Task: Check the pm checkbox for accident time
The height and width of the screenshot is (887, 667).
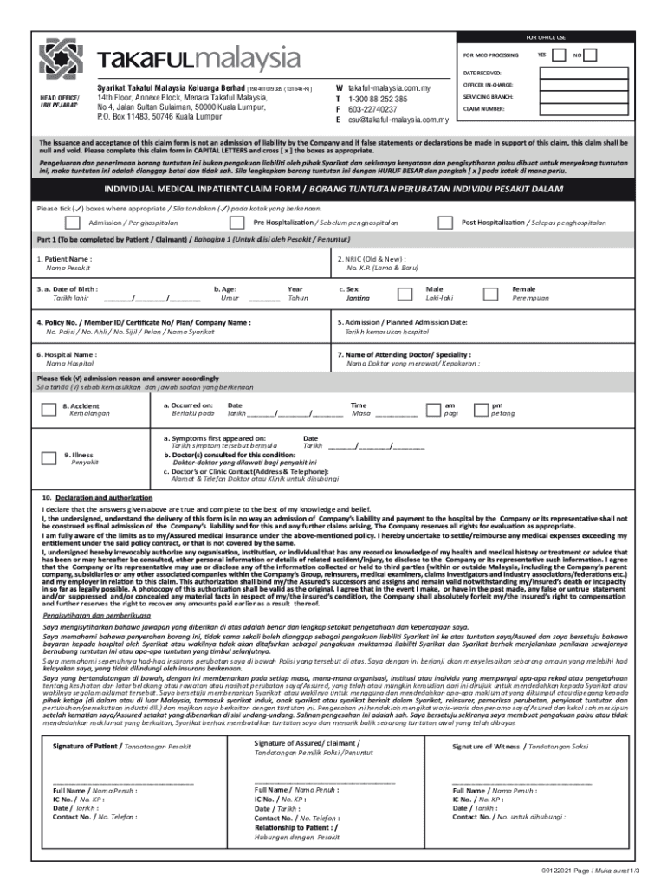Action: tap(479, 409)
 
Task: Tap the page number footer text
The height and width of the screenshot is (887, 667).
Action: tap(598, 869)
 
